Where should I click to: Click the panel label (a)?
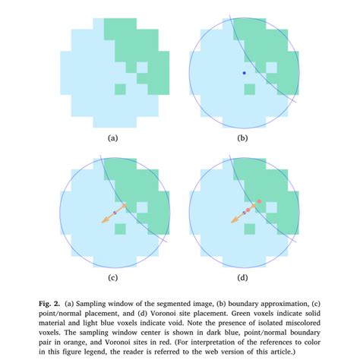tap(113, 139)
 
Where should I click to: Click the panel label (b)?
tap(243, 139)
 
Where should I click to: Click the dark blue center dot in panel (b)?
tap(244, 73)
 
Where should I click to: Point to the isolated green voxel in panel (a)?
tap(119, 90)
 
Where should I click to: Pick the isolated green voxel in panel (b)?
tap(251, 90)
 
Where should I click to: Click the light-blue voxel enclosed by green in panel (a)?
tap(141, 67)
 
